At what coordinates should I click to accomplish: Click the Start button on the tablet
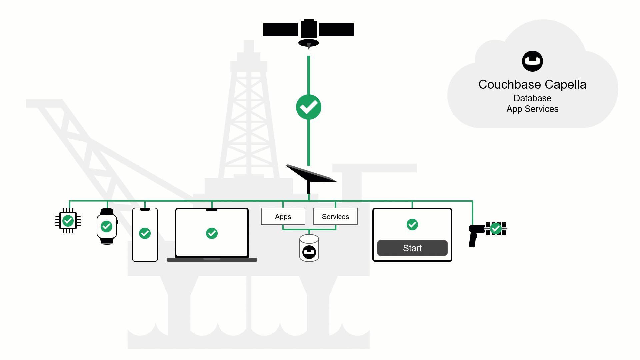pyautogui.click(x=412, y=248)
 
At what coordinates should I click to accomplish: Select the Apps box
pyautogui.click(x=283, y=217)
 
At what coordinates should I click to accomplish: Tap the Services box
pyautogui.click(x=335, y=217)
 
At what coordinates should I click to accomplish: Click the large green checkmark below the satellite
pyautogui.click(x=309, y=107)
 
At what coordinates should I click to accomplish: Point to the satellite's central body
pyautogui.click(x=309, y=29)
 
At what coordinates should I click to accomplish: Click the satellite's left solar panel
pyautogui.click(x=281, y=30)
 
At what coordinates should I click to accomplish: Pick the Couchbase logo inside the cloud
pyautogui.click(x=532, y=61)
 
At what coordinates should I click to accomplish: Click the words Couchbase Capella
pyautogui.click(x=532, y=84)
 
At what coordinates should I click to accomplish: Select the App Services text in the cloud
pyautogui.click(x=532, y=109)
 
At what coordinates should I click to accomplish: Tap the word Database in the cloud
pyautogui.click(x=532, y=98)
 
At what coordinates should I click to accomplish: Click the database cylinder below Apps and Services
pyautogui.click(x=309, y=248)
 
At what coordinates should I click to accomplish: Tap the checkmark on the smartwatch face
pyautogui.click(x=107, y=227)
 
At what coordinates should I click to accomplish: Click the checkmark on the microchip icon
pyautogui.click(x=68, y=221)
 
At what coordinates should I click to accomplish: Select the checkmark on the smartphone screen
pyautogui.click(x=145, y=233)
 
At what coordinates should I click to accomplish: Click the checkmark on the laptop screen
pyautogui.click(x=212, y=233)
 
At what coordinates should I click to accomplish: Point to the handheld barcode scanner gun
pyautogui.click(x=475, y=234)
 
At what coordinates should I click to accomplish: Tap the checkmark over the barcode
pyautogui.click(x=496, y=228)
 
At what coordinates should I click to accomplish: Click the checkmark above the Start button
pyautogui.click(x=412, y=224)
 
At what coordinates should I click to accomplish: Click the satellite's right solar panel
pyautogui.click(x=336, y=30)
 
